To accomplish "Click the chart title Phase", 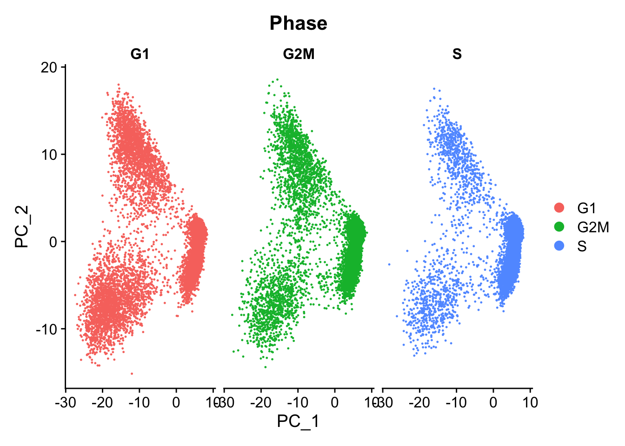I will (x=298, y=23).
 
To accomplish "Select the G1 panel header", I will (x=140, y=54).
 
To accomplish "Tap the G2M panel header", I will (x=299, y=54).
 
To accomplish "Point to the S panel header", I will (x=457, y=54).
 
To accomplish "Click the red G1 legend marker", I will (x=559, y=208).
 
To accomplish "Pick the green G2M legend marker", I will (x=559, y=227).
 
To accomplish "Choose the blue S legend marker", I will (x=559, y=246).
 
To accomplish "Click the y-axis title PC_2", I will (x=22, y=227).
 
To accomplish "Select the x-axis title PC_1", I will (x=298, y=421).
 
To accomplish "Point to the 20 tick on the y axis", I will (x=49, y=67).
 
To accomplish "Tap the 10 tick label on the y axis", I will (x=49, y=155).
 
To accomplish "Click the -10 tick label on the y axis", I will (x=47, y=329).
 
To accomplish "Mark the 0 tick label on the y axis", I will (x=53, y=242).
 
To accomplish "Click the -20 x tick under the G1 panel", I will (x=102, y=402).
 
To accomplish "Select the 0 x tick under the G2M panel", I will (x=335, y=402).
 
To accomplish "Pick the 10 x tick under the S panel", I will (x=530, y=402).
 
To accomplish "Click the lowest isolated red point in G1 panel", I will (x=132, y=374).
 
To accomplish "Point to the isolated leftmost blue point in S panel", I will (x=389, y=264).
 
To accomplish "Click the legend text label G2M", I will (x=593, y=227).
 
